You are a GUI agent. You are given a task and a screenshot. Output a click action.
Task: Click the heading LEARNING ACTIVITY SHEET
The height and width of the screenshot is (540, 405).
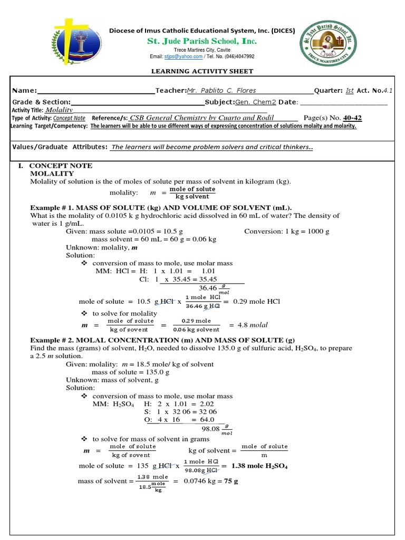pos(202,71)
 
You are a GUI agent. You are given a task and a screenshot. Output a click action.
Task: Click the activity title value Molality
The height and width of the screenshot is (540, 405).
pos(59,110)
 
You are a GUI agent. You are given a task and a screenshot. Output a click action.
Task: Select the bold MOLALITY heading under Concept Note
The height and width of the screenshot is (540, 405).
pos(52,173)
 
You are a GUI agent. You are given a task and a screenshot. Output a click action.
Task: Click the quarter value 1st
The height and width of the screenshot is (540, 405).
pos(349,91)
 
